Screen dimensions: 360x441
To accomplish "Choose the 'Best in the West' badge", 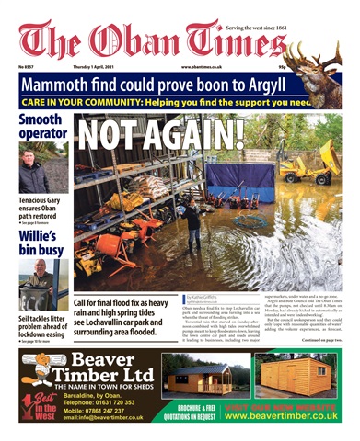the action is [x=34, y=403].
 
